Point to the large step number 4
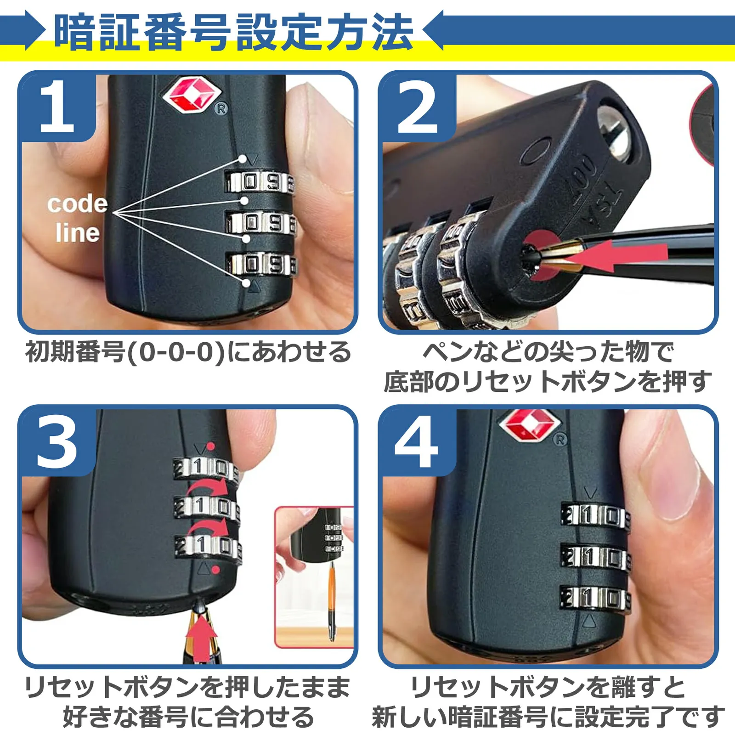point(416,442)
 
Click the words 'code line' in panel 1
point(77,218)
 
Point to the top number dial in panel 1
point(260,182)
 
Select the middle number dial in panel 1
point(261,223)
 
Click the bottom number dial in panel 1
point(263,264)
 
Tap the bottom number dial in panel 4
point(596,598)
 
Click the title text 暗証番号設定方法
point(234,32)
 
